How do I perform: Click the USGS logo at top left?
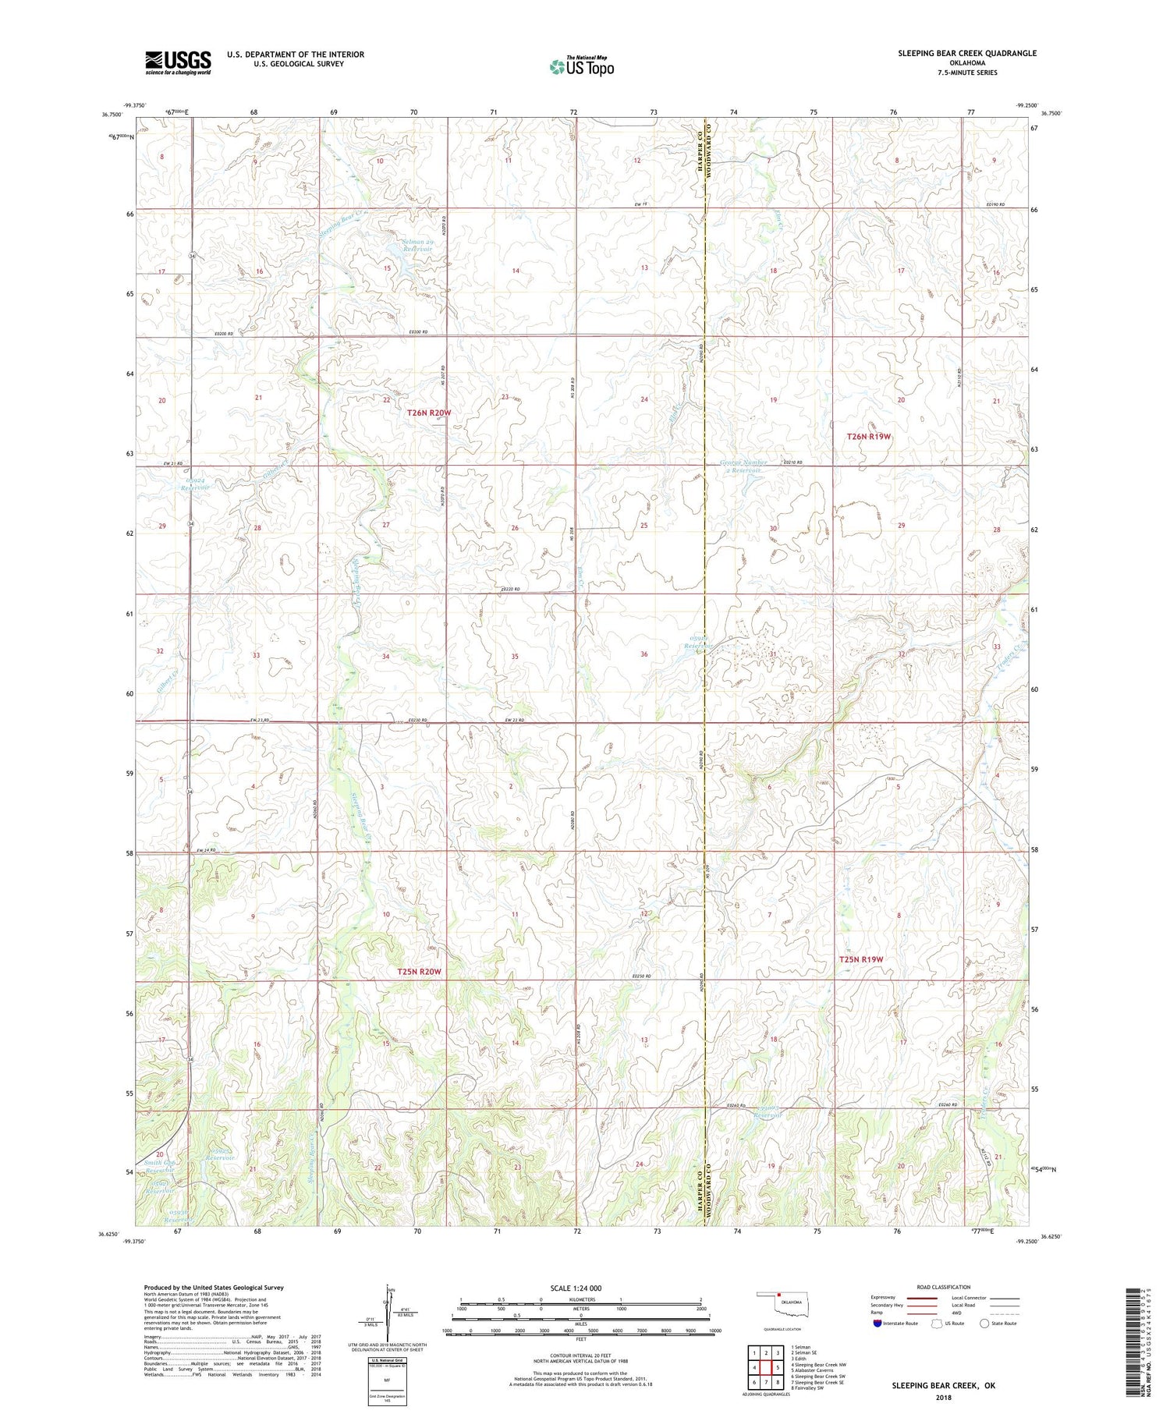pos(178,62)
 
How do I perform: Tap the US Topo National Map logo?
pos(582,66)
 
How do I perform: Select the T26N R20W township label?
pos(428,413)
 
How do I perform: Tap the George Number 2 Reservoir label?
pos(743,466)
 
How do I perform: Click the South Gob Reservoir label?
pos(161,1167)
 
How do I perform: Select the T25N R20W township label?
pos(419,972)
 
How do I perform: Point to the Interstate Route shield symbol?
pos(877,1324)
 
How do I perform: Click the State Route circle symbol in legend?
pos(984,1324)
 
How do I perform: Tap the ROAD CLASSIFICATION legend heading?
pos(944,1287)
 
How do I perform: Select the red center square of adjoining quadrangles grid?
pos(766,1367)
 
